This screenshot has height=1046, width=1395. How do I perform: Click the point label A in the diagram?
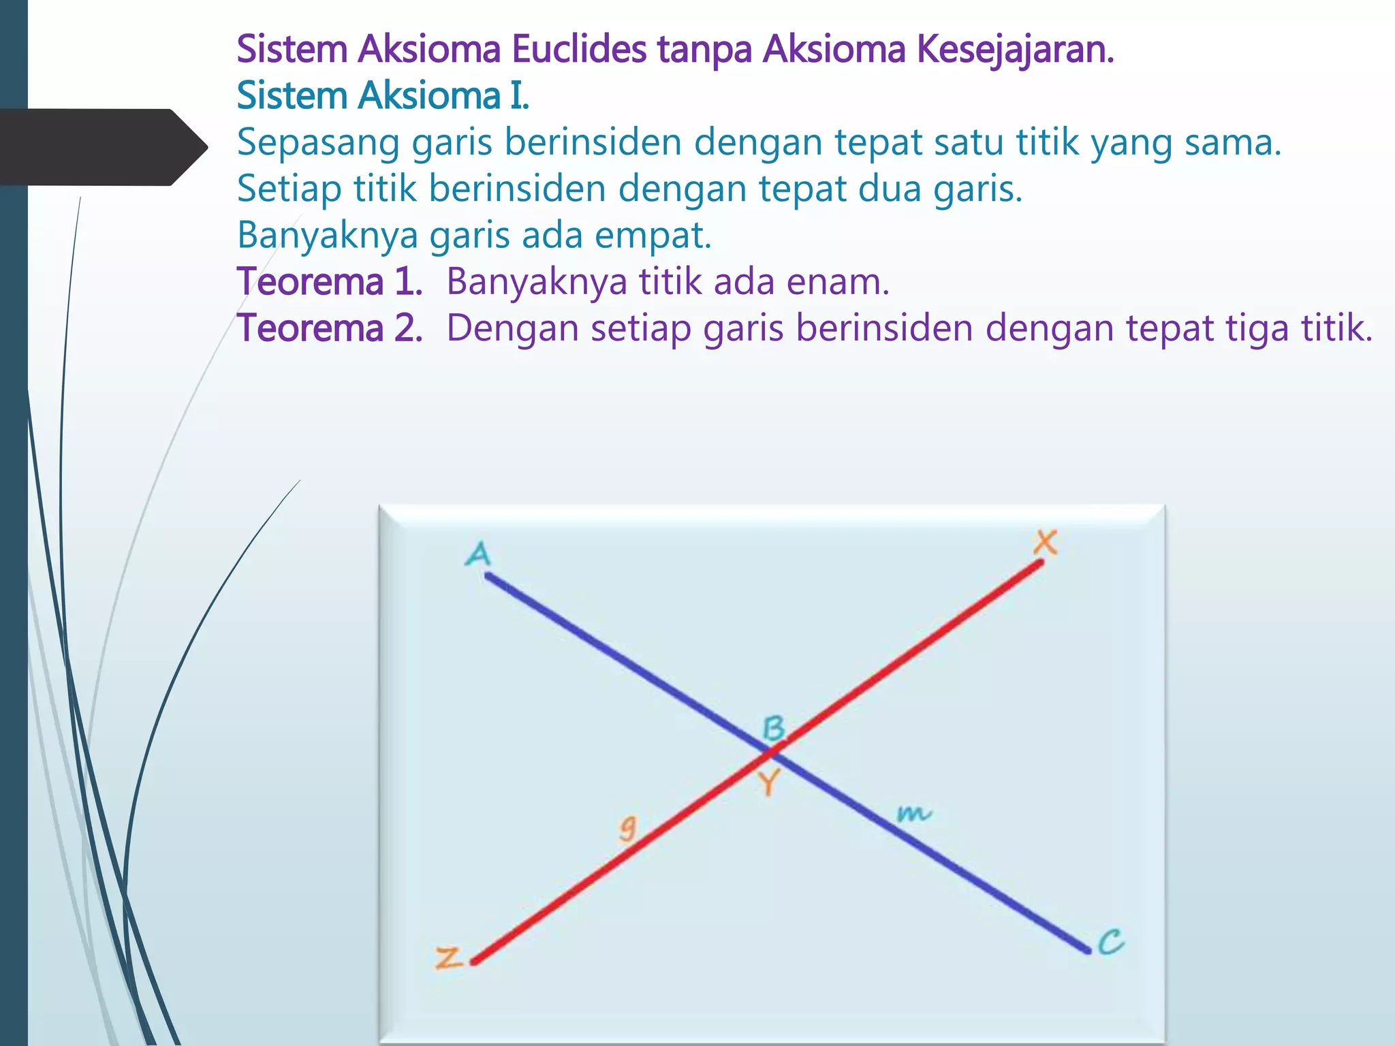[478, 554]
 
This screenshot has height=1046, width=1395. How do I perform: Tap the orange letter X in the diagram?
[1045, 543]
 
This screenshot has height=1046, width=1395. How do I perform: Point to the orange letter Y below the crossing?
[769, 783]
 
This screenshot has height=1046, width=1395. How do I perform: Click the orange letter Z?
[450, 958]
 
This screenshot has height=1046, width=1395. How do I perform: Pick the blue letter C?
[1111, 942]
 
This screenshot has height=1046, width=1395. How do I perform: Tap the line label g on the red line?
[627, 829]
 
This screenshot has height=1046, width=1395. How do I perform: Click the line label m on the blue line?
[913, 813]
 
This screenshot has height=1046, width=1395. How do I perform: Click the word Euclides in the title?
[578, 49]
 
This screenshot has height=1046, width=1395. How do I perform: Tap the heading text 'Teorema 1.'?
[330, 281]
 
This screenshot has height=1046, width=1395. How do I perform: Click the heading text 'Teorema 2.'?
[330, 328]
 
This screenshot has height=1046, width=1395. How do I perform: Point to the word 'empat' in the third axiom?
[653, 235]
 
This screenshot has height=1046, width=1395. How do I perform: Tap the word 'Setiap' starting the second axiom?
[289, 189]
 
